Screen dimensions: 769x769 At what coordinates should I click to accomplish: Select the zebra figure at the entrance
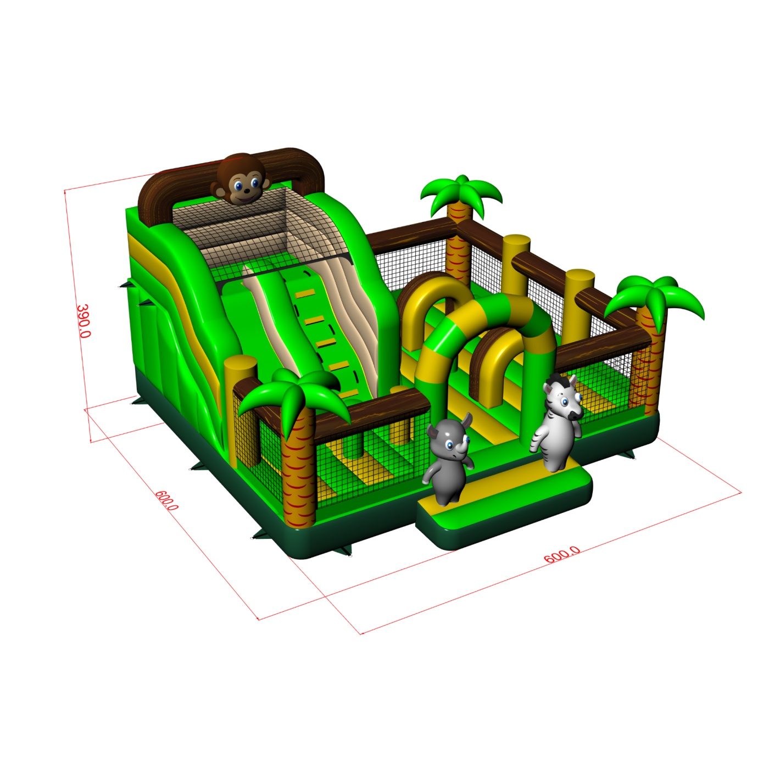[x=556, y=422]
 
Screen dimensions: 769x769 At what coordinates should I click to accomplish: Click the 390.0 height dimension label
[x=83, y=321]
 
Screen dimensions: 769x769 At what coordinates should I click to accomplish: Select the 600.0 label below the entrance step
[x=562, y=554]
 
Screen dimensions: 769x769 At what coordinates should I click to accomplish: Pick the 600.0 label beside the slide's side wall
[x=166, y=500]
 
